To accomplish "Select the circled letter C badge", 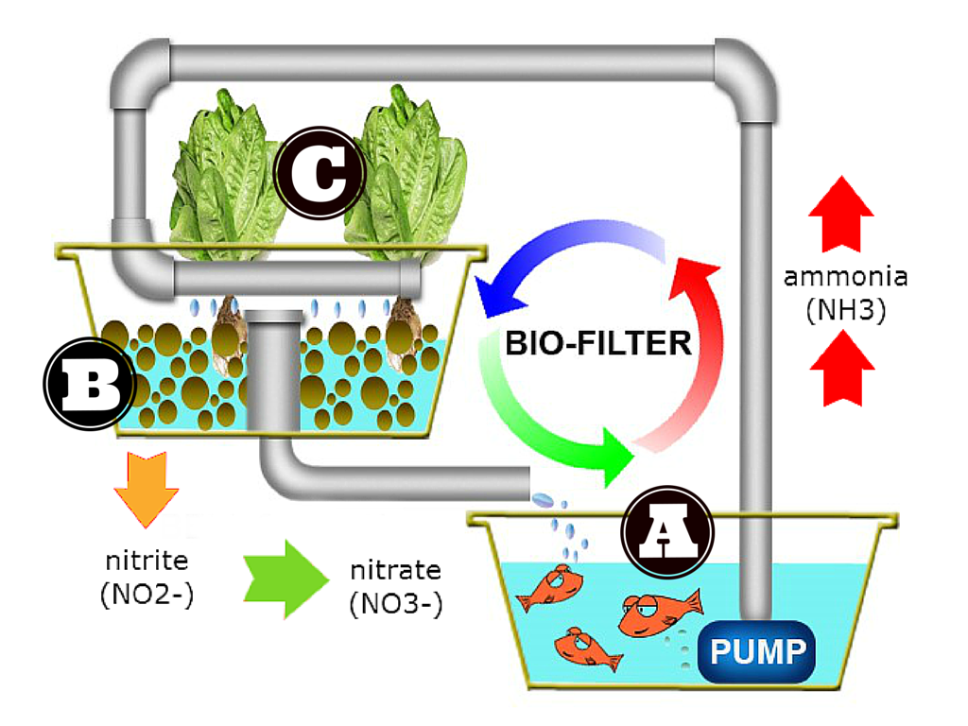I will (x=320, y=172).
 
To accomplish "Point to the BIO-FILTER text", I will (x=598, y=342).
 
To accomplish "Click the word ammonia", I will (x=845, y=277).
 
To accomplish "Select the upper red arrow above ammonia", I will (x=841, y=213).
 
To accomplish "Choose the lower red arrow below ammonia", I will (x=841, y=372).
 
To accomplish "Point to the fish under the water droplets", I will (x=549, y=588).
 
